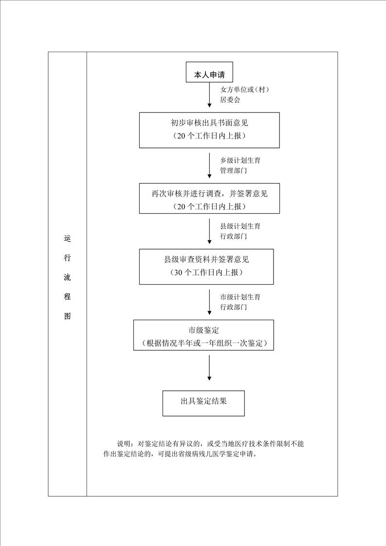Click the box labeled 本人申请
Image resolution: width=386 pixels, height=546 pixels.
pos(209,72)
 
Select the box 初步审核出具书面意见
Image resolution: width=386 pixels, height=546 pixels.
pos(209,130)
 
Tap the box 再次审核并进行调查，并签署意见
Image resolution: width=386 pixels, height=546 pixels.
pos(209,198)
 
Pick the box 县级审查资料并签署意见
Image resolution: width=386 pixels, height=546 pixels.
pos(206,266)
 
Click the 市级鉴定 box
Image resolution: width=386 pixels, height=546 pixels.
pos(203,335)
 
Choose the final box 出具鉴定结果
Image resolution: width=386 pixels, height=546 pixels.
pos(203,403)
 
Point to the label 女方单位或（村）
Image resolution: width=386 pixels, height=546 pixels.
pos(244,90)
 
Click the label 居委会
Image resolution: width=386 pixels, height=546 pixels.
pos(230,100)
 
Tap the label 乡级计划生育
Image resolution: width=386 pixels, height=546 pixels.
pos(240,161)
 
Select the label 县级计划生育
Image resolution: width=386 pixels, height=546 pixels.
pos(240,226)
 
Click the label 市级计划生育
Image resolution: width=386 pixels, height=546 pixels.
pos(240,297)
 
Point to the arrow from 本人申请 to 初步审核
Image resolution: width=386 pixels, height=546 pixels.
pos(209,95)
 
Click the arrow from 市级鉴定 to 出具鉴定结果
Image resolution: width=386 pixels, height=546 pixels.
pos(209,368)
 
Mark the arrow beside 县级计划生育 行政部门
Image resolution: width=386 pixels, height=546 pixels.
pos(209,231)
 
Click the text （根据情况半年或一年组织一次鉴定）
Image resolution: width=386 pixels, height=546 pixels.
pos(203,344)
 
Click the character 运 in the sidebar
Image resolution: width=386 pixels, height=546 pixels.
pos(67,239)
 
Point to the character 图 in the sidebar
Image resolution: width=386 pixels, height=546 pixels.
pos(67,316)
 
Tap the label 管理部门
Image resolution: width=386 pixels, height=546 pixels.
pos(234,171)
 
